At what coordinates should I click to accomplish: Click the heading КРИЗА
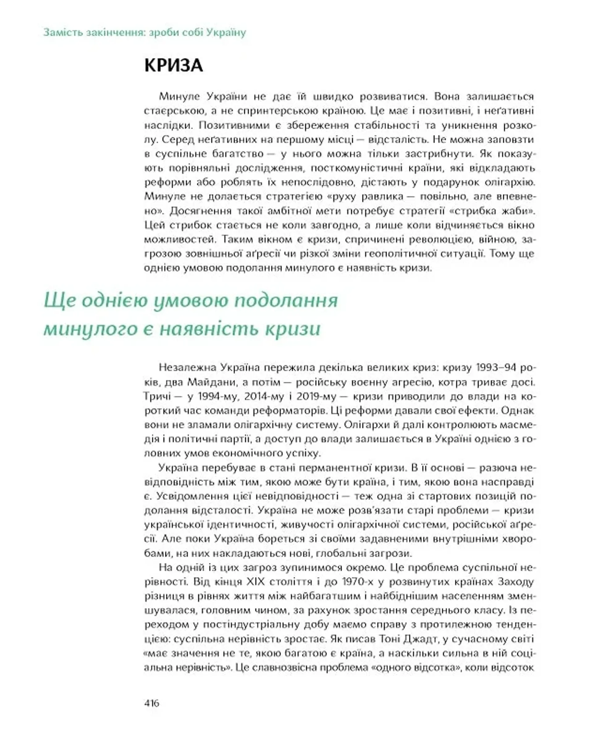click(x=173, y=66)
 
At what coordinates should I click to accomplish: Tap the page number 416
click(x=152, y=703)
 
